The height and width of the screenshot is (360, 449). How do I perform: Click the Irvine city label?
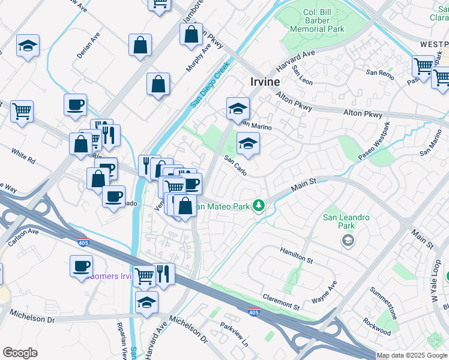(x=264, y=82)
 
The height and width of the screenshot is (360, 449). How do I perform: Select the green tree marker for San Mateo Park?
(x=259, y=206)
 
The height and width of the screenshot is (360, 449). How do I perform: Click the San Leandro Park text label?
(x=346, y=221)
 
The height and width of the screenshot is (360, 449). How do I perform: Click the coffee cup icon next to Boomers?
(x=81, y=266)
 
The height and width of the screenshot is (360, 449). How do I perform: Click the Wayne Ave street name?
(x=324, y=292)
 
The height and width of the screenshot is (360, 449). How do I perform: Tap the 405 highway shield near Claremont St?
(x=254, y=311)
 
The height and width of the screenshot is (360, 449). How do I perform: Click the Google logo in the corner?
(x=20, y=352)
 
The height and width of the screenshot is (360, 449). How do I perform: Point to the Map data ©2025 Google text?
(x=412, y=355)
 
